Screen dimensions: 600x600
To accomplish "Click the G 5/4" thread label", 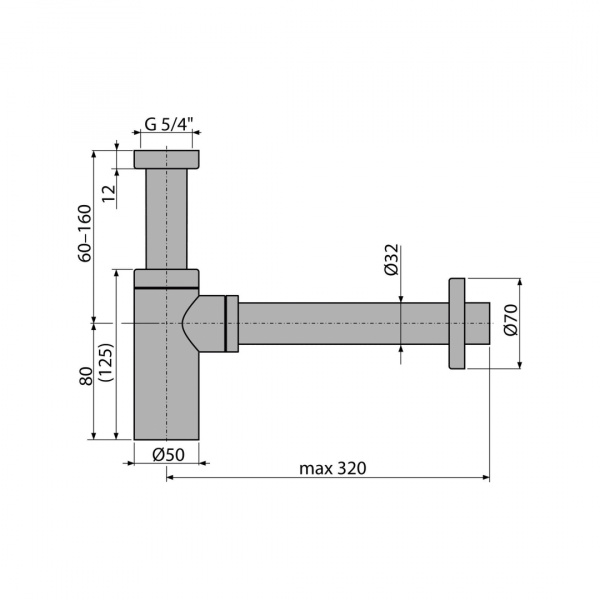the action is (x=168, y=124).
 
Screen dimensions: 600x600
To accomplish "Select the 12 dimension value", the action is (x=109, y=193).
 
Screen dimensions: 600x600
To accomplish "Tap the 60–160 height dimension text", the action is (x=85, y=233).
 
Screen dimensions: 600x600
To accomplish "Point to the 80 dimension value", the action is (x=86, y=376).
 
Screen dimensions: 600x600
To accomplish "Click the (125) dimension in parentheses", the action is (x=105, y=362).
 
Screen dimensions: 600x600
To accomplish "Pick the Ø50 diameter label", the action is (x=168, y=455).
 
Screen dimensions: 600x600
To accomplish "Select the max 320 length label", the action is (x=333, y=468).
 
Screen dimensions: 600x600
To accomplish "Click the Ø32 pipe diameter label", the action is (x=391, y=259).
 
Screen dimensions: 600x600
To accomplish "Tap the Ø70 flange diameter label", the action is (x=510, y=320).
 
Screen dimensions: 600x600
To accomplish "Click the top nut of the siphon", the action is (x=166, y=160).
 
